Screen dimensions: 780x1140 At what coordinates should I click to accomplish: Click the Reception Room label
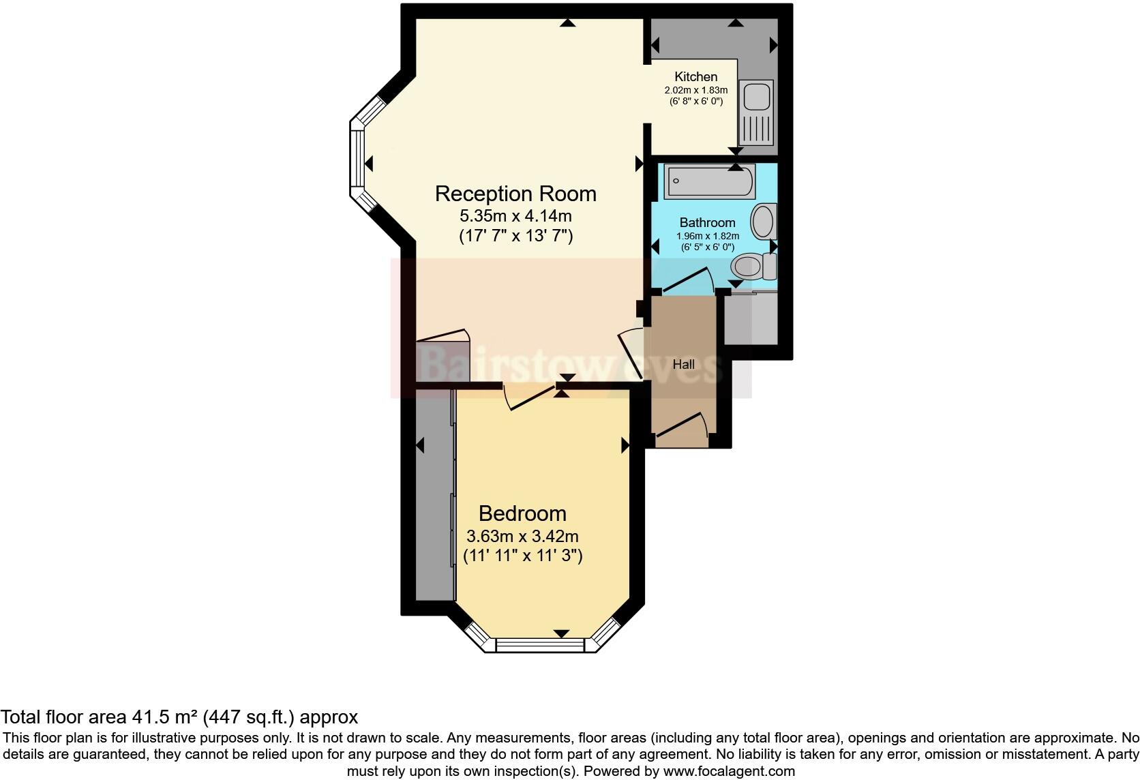[515, 194]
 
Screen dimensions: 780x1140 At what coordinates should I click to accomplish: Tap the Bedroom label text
[522, 513]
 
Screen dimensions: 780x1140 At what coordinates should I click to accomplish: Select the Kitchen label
[695, 76]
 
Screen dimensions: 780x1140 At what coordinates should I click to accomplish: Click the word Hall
[683, 365]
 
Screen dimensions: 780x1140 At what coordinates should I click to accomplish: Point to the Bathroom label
[707, 222]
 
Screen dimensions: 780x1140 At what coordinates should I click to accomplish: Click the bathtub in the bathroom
[709, 181]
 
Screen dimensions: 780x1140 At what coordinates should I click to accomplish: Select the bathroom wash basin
[763, 221]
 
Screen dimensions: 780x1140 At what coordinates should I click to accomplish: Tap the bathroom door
[687, 281]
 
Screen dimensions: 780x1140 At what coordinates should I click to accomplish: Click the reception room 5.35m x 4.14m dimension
[515, 216]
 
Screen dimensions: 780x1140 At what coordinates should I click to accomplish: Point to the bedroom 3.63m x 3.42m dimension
[522, 536]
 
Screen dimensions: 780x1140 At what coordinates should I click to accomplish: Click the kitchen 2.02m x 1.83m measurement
[695, 90]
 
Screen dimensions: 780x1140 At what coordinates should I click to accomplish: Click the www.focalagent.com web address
[728, 771]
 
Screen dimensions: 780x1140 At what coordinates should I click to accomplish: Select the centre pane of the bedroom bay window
[540, 644]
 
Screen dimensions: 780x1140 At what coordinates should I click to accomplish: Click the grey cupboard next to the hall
[750, 320]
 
